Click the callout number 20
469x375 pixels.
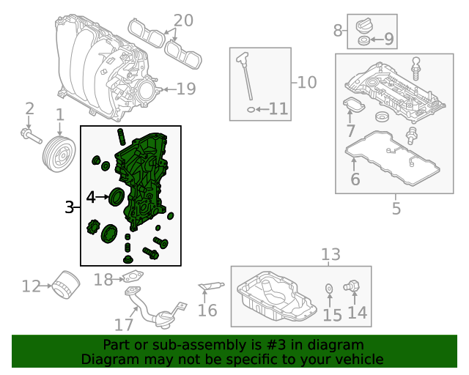click(x=183, y=21)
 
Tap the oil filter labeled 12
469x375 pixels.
click(x=66, y=284)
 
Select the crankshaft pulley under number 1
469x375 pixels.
click(x=59, y=154)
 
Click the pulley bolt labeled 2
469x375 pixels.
click(x=32, y=135)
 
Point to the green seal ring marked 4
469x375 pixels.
click(x=117, y=196)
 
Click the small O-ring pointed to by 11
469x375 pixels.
click(x=251, y=110)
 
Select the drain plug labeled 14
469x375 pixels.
click(x=352, y=286)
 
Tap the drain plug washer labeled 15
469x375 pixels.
click(x=329, y=289)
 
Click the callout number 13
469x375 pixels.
click(x=330, y=254)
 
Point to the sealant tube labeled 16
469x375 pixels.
click(x=211, y=286)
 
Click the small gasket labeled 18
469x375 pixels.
click(x=132, y=276)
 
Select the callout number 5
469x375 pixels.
click(x=396, y=208)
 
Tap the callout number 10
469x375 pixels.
click(x=307, y=82)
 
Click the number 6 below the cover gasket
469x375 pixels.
click(x=355, y=179)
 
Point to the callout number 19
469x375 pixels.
click(x=186, y=89)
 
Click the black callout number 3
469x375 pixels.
click(x=69, y=207)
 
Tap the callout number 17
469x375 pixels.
click(x=124, y=324)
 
